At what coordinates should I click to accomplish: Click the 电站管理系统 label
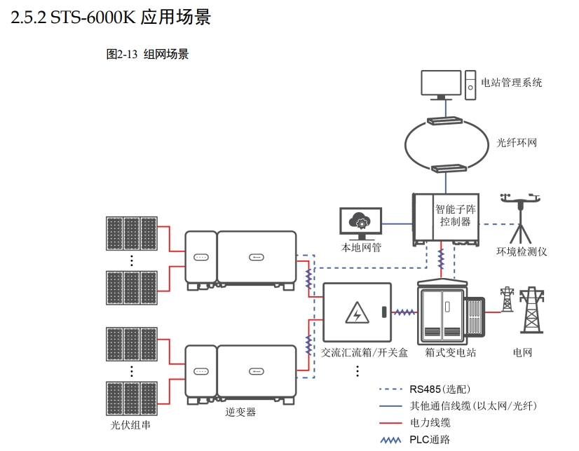pyautogui.click(x=511, y=83)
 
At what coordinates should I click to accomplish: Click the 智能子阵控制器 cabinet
pyautogui.click(x=446, y=218)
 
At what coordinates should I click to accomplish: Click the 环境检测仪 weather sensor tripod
pyautogui.click(x=519, y=216)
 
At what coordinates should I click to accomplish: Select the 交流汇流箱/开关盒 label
pyautogui.click(x=365, y=352)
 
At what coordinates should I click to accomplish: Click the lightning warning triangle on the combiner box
pyautogui.click(x=357, y=312)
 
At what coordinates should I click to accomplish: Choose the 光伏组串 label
pyautogui.click(x=130, y=425)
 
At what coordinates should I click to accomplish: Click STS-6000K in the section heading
pyautogui.click(x=93, y=18)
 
